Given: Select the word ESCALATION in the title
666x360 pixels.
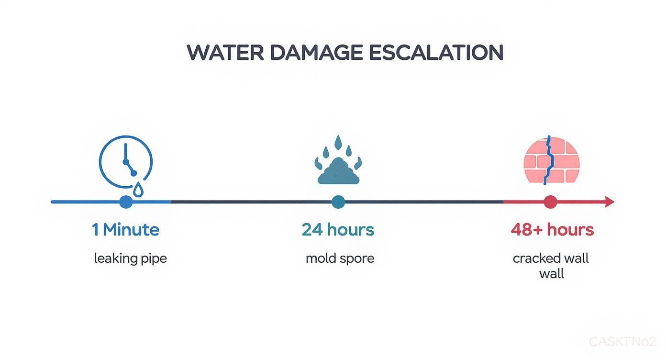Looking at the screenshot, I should point(436,52).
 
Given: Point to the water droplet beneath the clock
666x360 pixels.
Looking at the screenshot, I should point(138,190).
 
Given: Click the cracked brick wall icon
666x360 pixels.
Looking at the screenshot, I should point(552,161).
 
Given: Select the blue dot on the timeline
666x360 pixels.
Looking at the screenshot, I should point(126,202).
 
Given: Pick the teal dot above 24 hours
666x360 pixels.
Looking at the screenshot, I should point(338,202).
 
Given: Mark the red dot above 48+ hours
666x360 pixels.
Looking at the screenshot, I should point(550,202).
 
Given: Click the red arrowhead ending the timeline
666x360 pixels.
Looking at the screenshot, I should point(610,202).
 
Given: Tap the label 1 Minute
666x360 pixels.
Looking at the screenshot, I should point(125,230).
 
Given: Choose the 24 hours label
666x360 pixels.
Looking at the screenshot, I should point(338,230).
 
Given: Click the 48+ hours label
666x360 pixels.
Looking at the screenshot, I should point(552,230).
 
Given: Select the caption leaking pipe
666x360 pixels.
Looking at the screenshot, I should point(130,259).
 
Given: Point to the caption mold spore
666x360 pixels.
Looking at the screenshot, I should point(340,259).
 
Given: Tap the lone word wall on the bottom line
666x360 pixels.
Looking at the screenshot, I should point(552,274).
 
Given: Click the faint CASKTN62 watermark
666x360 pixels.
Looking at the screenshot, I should point(622,342).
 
